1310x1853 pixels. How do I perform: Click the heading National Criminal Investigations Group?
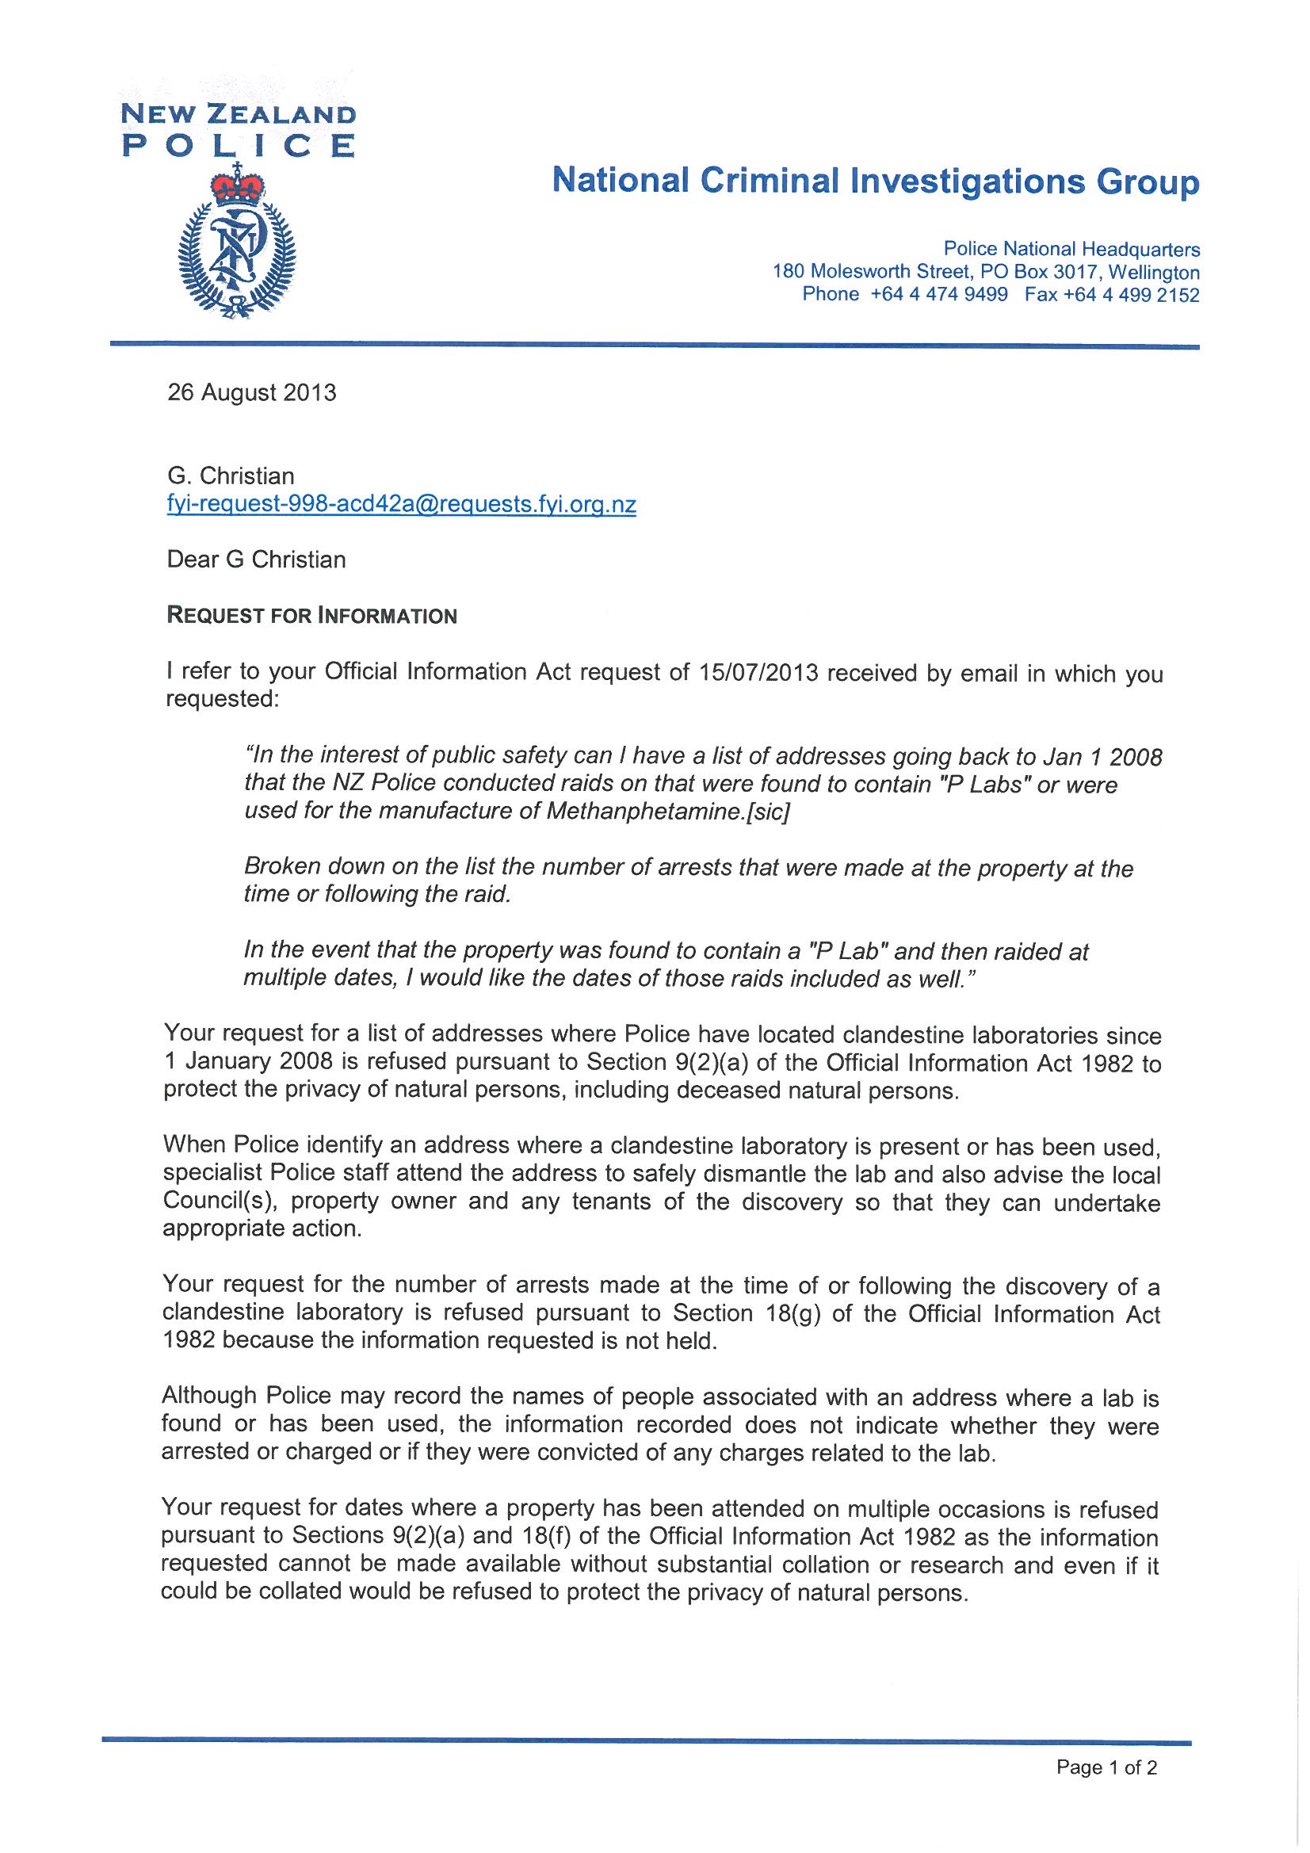[875, 181]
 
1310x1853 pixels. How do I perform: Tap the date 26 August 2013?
[251, 393]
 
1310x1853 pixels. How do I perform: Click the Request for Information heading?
[311, 616]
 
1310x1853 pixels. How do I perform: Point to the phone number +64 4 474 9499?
[938, 294]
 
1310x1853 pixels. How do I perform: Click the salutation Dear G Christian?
[256, 560]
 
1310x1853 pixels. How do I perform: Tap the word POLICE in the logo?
[238, 146]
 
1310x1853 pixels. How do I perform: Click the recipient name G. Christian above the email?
[231, 476]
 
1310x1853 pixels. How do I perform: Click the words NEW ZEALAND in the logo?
[238, 115]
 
